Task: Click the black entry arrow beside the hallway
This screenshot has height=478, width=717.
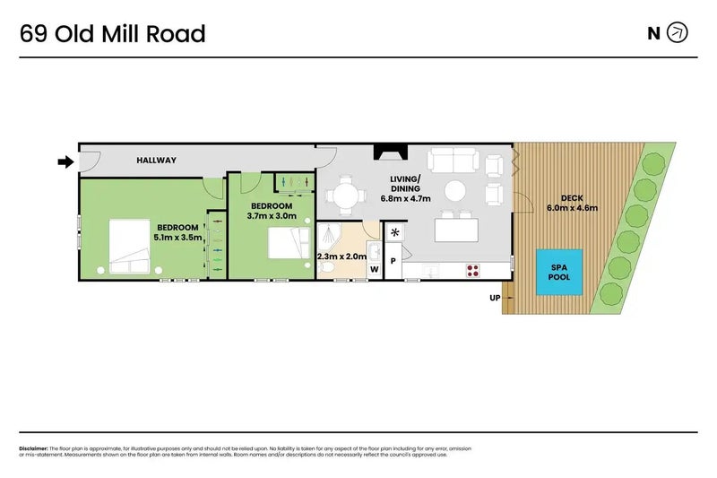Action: coord(65,161)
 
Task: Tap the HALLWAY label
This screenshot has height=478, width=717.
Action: coord(156,161)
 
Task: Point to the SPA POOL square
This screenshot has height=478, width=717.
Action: coord(559,272)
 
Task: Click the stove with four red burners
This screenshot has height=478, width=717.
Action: coord(473,269)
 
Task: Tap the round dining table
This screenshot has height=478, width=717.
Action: coord(345,195)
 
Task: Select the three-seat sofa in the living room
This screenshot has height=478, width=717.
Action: coord(453,161)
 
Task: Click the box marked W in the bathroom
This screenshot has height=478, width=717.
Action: coord(375,268)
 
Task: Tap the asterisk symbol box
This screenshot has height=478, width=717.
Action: coord(395,232)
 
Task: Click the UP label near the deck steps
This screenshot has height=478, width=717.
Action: coord(494,298)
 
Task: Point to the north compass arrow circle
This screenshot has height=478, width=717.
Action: coord(678,34)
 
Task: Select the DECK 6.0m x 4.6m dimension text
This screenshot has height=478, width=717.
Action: coord(572,204)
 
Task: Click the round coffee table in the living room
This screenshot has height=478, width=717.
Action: coord(456,191)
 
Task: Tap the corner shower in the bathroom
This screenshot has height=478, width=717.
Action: coord(329,236)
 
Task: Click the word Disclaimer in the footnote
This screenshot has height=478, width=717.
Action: coord(32,448)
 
